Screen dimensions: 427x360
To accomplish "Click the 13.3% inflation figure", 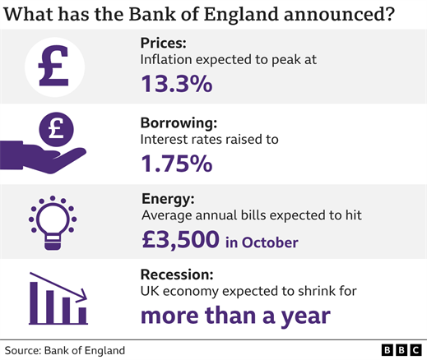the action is click(x=177, y=84).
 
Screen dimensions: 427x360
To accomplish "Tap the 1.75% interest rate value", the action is click(x=177, y=164).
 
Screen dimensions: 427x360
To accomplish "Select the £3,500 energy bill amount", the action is click(x=180, y=240).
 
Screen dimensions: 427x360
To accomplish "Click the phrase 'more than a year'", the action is click(x=235, y=316).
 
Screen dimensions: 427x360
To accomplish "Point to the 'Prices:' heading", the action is click(x=164, y=43).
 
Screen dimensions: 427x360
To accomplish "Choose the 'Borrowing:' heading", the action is click(x=179, y=123).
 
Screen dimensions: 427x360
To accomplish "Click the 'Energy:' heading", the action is click(x=168, y=199).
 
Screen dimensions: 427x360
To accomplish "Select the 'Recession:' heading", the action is click(x=177, y=275).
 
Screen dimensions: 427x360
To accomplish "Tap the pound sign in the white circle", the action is click(x=53, y=66).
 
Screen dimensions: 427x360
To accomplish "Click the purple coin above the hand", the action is click(x=57, y=129).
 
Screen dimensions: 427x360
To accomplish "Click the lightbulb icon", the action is click(x=53, y=223).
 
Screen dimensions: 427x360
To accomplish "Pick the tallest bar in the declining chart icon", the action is click(x=34, y=302).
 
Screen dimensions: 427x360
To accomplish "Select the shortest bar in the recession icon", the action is click(x=82, y=316).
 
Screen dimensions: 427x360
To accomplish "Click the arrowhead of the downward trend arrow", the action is click(x=82, y=296).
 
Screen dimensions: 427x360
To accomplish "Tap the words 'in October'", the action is click(x=262, y=242).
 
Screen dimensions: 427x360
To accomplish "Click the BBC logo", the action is click(x=401, y=350).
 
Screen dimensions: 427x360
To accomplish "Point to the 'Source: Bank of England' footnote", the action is click(x=65, y=351).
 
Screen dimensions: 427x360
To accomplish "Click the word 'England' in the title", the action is click(x=241, y=14).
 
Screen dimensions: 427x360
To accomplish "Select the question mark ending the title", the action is click(x=389, y=14).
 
